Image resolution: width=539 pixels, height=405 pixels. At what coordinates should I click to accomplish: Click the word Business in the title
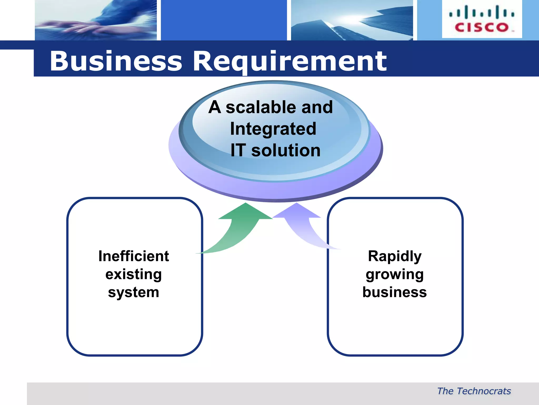(x=116, y=61)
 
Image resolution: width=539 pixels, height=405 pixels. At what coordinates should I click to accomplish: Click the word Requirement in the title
(x=290, y=61)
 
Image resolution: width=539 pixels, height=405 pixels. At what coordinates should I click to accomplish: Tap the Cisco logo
(x=482, y=19)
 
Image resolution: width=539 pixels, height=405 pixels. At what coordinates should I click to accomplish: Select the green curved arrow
(x=237, y=229)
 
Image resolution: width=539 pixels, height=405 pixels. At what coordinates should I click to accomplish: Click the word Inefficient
(x=134, y=256)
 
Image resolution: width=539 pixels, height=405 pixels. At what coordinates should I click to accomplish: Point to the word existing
(x=134, y=274)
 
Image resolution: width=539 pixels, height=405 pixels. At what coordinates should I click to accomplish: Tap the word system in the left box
(x=134, y=292)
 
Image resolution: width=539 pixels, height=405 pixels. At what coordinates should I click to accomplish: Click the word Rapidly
(x=395, y=256)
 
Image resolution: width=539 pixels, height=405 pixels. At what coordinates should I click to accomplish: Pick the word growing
(x=395, y=274)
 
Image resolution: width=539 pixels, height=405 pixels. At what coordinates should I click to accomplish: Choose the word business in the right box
(x=395, y=292)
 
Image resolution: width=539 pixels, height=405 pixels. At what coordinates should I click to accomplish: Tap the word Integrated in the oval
(x=273, y=129)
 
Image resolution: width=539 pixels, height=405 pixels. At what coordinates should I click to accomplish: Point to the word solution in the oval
(x=286, y=150)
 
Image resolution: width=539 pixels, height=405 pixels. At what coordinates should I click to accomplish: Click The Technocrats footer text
(x=474, y=391)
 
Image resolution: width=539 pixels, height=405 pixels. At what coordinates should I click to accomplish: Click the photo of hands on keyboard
(x=96, y=20)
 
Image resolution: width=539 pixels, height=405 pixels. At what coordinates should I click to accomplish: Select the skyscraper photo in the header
(x=352, y=20)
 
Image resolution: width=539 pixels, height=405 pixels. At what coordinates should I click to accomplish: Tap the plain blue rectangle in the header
(x=224, y=20)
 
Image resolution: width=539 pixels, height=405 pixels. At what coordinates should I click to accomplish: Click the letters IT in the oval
(x=238, y=150)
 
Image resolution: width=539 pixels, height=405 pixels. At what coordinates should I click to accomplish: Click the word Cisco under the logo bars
(x=482, y=27)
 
